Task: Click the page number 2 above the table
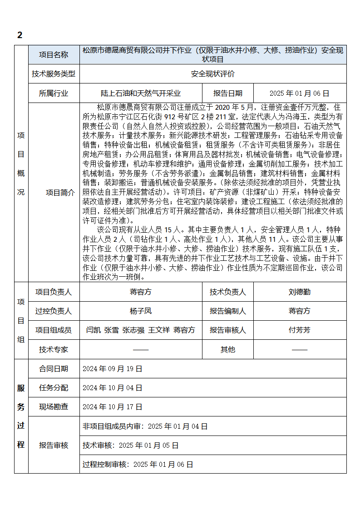[x=20, y=35]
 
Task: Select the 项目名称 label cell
[x=54, y=54]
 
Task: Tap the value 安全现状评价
[x=213, y=73]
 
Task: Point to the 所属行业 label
[x=54, y=93]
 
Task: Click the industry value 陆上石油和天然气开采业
[x=141, y=93]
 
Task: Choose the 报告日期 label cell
[x=228, y=93]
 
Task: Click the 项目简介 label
[x=60, y=192]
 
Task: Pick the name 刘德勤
[x=300, y=292]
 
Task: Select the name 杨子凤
[x=141, y=311]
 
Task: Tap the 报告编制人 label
[x=228, y=311]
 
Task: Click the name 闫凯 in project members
[x=93, y=330]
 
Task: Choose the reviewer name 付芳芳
[x=300, y=330]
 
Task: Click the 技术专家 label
[x=54, y=349]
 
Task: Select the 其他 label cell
[x=228, y=349]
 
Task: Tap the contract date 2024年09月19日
[x=112, y=369]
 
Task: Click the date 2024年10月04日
[x=112, y=388]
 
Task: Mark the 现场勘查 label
[x=54, y=407]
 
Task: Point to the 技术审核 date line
[x=130, y=445]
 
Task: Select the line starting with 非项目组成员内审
[x=145, y=426]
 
